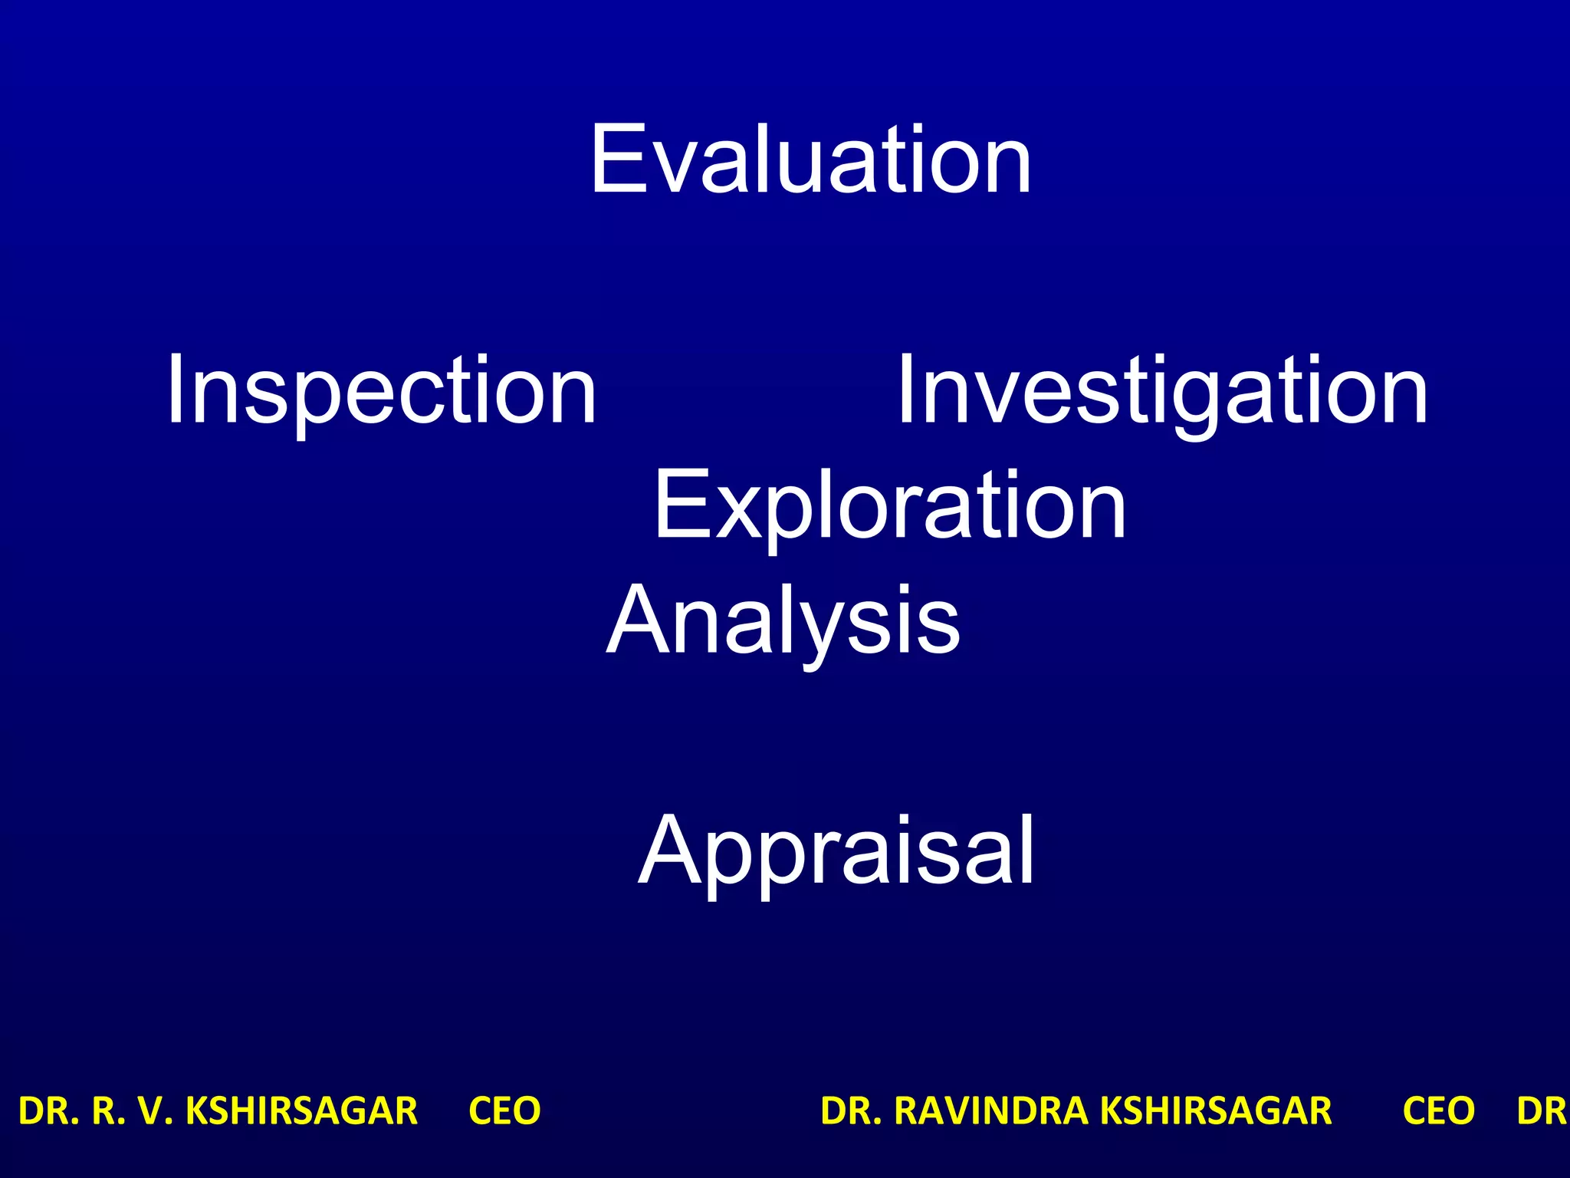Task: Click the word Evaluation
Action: coord(810,160)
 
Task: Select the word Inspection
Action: coord(381,390)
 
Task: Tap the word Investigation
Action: coord(1162,390)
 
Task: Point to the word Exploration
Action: coord(889,506)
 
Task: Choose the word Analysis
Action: coord(783,620)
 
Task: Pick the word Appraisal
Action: coord(836,851)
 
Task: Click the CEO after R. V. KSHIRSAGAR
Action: coord(504,1111)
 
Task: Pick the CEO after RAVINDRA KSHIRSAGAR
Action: coord(1438,1111)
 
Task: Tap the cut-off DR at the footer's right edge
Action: coord(1542,1111)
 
